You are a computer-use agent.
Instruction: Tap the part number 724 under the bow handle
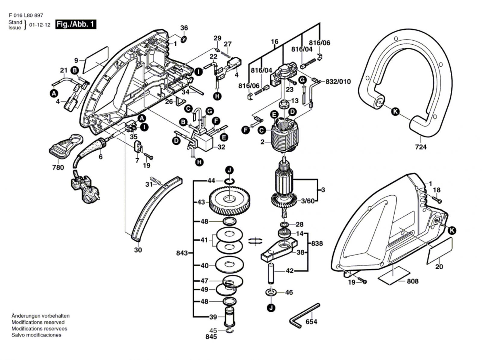(x=421, y=147)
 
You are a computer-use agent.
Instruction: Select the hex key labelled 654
(x=305, y=316)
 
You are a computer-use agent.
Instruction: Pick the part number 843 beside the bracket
(x=182, y=253)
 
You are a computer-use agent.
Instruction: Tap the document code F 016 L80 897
(x=26, y=15)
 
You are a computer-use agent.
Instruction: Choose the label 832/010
(x=338, y=81)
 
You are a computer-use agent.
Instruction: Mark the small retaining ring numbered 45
(x=230, y=330)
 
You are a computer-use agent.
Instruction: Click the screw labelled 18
(x=437, y=200)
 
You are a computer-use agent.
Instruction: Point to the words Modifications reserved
(x=38, y=322)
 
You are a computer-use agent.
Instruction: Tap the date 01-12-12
(x=40, y=25)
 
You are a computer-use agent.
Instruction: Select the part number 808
(x=413, y=281)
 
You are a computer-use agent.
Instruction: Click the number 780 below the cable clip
(x=58, y=167)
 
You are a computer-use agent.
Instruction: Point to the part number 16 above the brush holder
(x=275, y=41)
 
